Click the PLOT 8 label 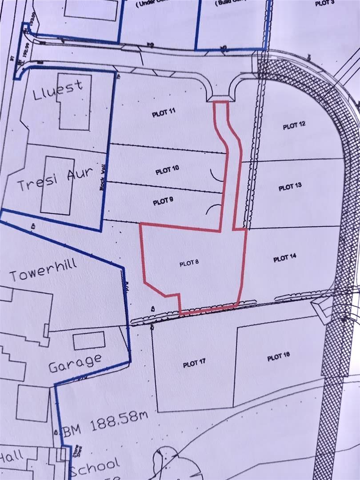pyautogui.click(x=188, y=264)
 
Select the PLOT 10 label pyautogui.click(x=167, y=171)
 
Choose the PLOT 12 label pyautogui.click(x=294, y=126)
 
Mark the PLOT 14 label pyautogui.click(x=284, y=258)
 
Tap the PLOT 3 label pyautogui.click(x=324, y=3)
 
